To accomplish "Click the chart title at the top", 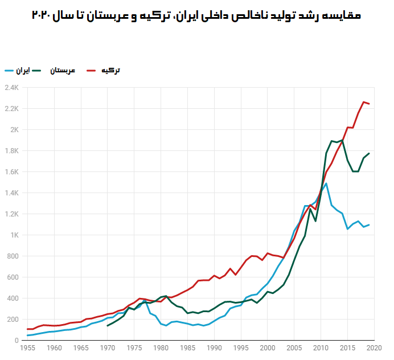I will coord(196,15).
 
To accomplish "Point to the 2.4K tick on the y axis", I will coord(11,88).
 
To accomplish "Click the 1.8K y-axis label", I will coord(11,151).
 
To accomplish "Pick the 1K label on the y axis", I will coord(14,235).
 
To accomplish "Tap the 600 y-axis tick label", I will coord(13,277).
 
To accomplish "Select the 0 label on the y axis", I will coord(17,341).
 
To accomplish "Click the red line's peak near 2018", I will coord(363,102).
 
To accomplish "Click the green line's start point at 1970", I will coord(107,326).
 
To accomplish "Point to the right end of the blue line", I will coord(369,225).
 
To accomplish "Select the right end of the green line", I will coord(369,153).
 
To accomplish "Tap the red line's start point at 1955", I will coord(27,329).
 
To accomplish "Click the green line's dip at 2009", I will coord(315,221).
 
